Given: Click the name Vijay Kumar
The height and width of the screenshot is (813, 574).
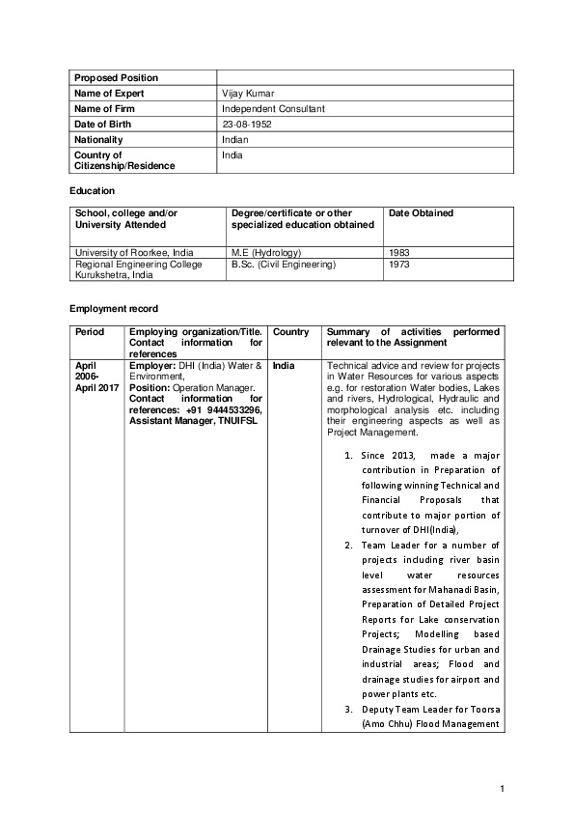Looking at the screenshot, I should (247, 94).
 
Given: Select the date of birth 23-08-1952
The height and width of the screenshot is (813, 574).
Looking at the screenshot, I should (246, 125).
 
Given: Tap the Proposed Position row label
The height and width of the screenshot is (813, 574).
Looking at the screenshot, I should (116, 78).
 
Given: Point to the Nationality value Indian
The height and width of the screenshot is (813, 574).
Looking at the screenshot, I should (235, 140).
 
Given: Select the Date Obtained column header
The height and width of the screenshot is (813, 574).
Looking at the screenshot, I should (421, 213).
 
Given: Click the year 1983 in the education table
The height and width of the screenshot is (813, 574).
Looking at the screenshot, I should (397, 252).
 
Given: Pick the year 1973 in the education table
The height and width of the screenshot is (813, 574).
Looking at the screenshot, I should (397, 264).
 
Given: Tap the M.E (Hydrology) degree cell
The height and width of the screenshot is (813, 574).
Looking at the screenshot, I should (266, 252).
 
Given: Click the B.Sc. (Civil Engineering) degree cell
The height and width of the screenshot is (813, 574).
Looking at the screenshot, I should (284, 264).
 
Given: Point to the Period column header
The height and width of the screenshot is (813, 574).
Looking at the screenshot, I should (90, 331).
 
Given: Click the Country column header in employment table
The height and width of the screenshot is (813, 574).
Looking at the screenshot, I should (291, 331).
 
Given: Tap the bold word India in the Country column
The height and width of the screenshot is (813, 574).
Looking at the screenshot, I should (284, 366).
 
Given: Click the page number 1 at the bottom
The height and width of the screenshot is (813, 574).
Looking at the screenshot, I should (503, 790).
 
